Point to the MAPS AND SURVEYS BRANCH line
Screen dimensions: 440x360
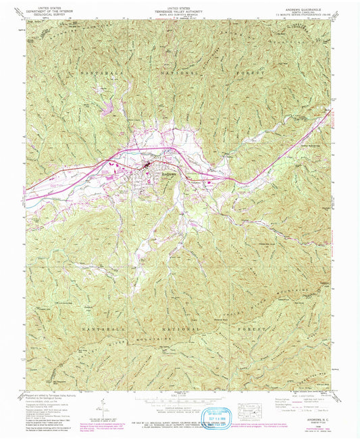[x=180, y=14]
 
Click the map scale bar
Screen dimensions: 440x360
[x=180, y=397]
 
